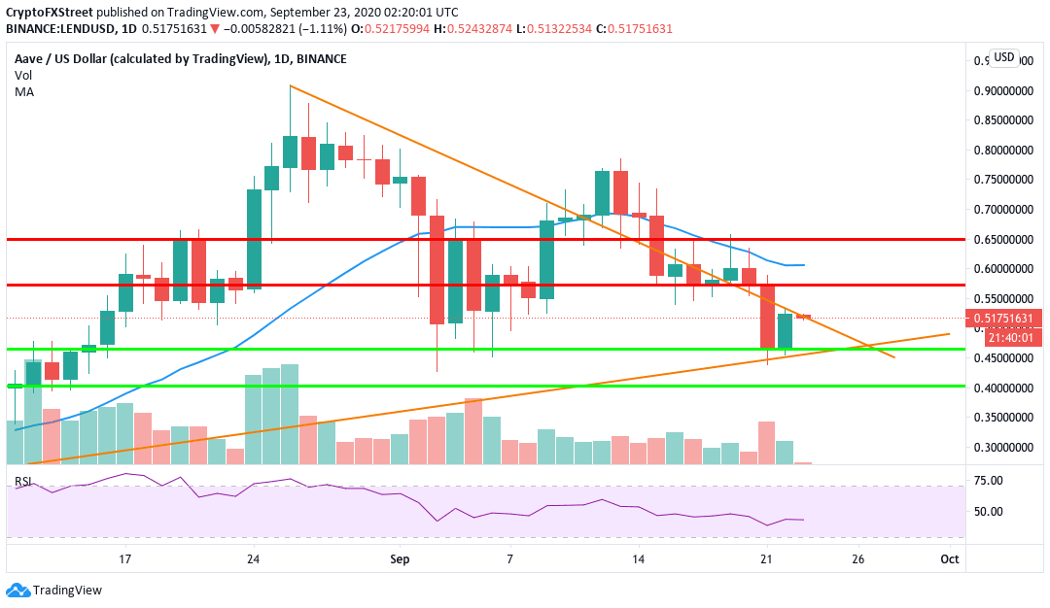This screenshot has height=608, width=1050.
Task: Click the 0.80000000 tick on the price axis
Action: [x=1003, y=151]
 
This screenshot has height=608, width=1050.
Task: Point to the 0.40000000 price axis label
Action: [x=1003, y=388]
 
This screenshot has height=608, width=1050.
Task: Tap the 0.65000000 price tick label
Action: [x=1003, y=240]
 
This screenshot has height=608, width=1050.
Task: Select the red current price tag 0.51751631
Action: [x=1003, y=319]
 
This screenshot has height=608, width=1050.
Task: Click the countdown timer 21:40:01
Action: [x=1003, y=337]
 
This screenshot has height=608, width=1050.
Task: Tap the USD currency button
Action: [x=1003, y=57]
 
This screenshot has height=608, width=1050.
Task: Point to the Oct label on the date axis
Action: [x=950, y=559]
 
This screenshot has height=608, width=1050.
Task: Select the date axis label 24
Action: [x=254, y=559]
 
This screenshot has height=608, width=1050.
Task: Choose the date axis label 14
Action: [x=638, y=559]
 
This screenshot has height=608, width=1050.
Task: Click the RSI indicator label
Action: [x=21, y=482]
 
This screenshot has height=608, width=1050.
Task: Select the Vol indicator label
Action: [x=22, y=75]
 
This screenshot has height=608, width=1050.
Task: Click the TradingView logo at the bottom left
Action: [x=54, y=590]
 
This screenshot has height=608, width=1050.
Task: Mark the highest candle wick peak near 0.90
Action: [x=290, y=86]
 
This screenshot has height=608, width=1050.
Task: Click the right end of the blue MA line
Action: [x=803, y=264]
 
